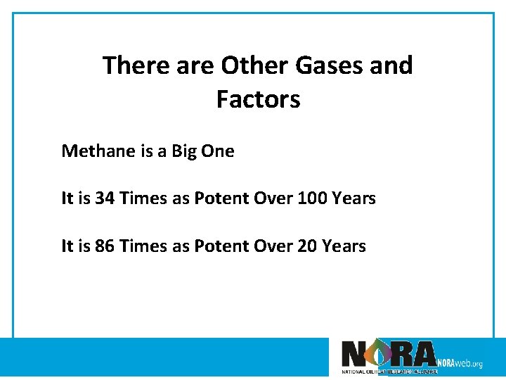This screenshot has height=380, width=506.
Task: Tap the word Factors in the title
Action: coord(258,100)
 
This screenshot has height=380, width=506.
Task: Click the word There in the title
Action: coord(136,66)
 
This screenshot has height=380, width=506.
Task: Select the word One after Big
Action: coord(218,151)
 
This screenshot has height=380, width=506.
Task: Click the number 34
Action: coord(105,198)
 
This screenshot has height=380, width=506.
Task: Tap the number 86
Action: coord(105,246)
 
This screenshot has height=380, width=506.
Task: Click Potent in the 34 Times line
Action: coord(218,198)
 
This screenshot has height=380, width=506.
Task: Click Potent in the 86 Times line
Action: coord(218,246)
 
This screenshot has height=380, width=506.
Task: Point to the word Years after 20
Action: coord(344,246)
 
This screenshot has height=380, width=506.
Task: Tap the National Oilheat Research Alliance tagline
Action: coord(389,371)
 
